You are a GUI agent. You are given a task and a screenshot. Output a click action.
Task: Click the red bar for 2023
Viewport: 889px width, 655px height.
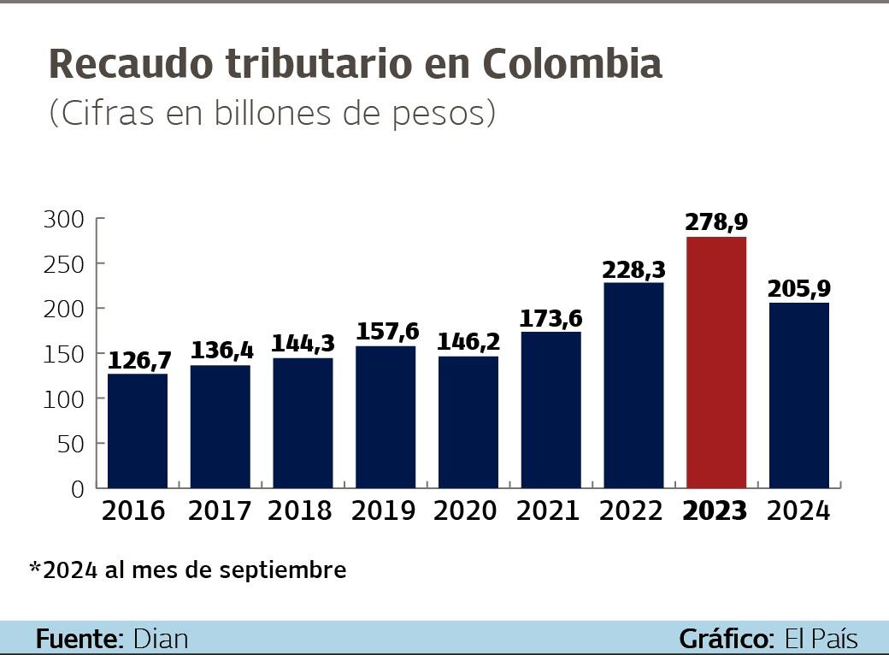(x=716, y=363)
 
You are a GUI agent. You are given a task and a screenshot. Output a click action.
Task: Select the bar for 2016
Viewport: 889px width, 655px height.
(x=138, y=431)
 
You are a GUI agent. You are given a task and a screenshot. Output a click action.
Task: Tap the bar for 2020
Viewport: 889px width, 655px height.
(x=468, y=422)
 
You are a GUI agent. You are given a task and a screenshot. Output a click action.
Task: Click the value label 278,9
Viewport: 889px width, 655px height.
(x=716, y=222)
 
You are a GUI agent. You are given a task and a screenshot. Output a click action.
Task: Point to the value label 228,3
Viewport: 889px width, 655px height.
(x=633, y=269)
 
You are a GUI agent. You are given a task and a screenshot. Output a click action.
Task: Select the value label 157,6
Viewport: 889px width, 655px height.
(x=386, y=331)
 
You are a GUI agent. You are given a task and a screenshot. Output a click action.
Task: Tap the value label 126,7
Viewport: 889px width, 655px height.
(x=138, y=360)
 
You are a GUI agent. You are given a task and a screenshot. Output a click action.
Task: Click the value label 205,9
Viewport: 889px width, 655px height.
(x=799, y=289)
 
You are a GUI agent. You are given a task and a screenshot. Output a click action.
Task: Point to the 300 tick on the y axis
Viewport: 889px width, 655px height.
(x=64, y=219)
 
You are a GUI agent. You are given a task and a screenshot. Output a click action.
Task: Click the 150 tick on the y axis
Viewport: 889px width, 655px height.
(x=64, y=354)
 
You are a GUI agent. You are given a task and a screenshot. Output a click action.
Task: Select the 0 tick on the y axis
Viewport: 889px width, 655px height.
(x=78, y=489)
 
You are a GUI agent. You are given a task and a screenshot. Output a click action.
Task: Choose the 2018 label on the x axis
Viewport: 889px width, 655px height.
(x=300, y=511)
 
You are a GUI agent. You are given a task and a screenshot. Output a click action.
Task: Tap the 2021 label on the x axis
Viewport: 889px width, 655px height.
(x=548, y=511)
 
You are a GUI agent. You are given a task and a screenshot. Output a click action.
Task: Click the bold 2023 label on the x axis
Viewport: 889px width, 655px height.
(x=715, y=511)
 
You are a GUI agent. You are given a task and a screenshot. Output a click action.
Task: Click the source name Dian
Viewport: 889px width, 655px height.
(x=161, y=639)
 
